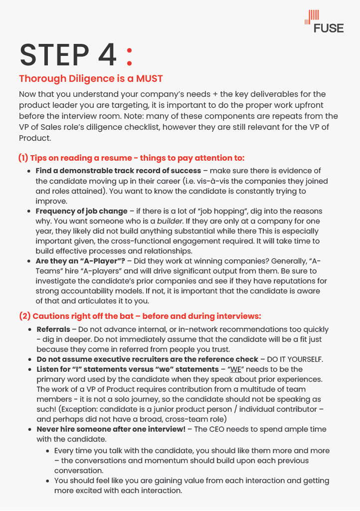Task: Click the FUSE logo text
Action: point(329,28)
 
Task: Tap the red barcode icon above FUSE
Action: point(312,16)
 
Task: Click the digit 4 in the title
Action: point(107,55)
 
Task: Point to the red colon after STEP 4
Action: point(130,56)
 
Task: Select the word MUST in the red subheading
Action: point(148,79)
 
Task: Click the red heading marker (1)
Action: point(23,158)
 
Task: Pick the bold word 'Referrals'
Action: point(53,329)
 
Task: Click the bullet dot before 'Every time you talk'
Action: point(48,451)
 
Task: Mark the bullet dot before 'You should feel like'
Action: point(48,481)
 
